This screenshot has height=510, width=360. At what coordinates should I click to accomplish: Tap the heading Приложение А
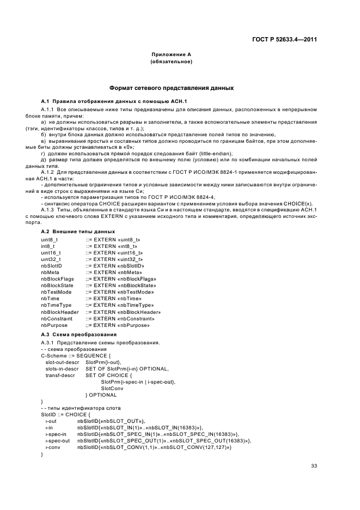pos(171,56)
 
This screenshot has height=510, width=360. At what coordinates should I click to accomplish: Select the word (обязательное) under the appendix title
pos(171,62)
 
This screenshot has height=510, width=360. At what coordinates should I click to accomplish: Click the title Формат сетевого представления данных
pos(172,87)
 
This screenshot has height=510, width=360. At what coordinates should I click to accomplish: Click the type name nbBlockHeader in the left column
pos(59,312)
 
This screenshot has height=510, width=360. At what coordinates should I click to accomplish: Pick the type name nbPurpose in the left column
pos(53,325)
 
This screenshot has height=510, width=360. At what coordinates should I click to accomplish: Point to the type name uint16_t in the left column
pos(51,252)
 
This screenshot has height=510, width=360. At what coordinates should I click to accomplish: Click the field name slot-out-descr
pos(62,361)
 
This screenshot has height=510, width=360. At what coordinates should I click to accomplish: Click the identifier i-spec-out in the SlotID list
pos(58,440)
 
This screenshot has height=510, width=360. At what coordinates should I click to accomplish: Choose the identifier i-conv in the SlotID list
pos(53,447)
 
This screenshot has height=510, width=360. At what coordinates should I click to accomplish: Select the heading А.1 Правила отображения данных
pos(113,101)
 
